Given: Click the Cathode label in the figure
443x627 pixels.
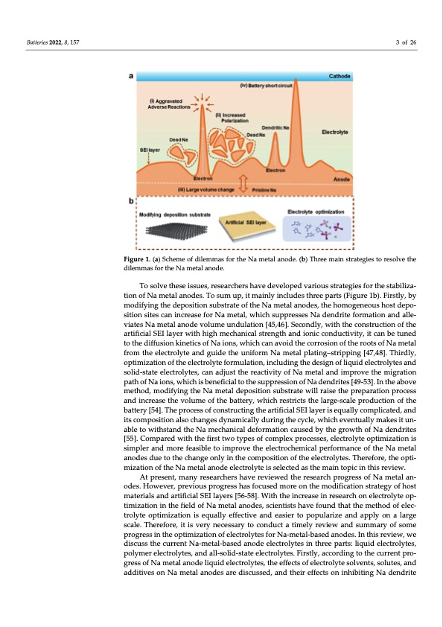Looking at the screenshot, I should tap(340, 76).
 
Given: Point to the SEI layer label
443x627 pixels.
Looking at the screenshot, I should tap(150, 150).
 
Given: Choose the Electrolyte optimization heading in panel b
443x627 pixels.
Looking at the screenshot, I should tap(314, 212).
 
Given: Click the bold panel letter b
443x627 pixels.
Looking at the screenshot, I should tap(132, 200).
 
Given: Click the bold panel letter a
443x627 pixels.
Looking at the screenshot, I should tap(132, 75).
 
